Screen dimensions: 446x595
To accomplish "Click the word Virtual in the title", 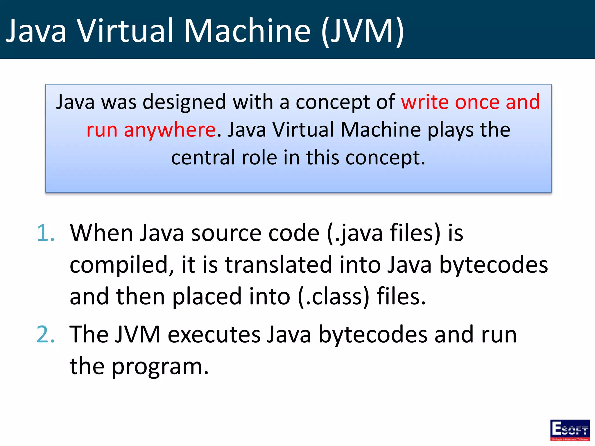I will [126, 31].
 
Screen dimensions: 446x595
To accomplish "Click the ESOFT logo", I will [570, 430].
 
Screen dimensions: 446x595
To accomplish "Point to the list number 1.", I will [46, 233].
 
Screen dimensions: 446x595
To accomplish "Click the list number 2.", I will [46, 334].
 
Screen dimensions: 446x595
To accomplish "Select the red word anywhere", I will [170, 130].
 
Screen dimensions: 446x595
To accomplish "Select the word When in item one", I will [101, 233].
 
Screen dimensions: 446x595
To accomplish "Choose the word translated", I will [279, 265].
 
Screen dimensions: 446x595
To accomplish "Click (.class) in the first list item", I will [334, 297].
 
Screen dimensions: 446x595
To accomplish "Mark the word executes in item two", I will [214, 334].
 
